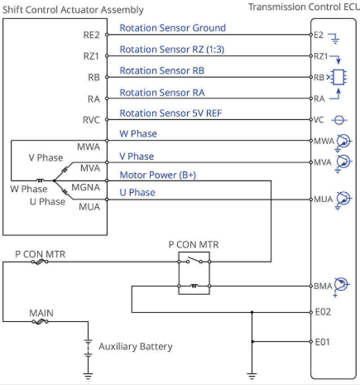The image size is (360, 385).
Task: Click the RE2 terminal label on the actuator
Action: (91, 35)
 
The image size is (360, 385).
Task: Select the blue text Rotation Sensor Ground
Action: (173, 28)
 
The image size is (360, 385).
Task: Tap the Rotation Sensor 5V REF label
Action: (170, 113)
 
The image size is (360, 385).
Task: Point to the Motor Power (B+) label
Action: (158, 175)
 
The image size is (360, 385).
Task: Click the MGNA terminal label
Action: (85, 187)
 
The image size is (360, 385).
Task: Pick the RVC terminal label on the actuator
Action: (91, 120)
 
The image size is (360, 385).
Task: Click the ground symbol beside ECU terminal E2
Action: (334, 38)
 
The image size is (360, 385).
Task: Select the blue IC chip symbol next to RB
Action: (339, 77)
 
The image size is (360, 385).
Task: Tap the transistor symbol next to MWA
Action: (343, 142)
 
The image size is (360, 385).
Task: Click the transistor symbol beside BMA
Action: (342, 286)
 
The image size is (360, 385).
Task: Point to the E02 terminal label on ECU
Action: (323, 312)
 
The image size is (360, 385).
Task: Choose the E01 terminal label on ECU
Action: (323, 342)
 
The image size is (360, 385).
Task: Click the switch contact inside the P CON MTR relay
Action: (194, 261)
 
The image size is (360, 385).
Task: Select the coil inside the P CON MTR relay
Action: (194, 286)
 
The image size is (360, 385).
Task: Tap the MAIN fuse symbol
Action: (40, 321)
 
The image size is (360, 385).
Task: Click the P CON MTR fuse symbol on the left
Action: (40, 262)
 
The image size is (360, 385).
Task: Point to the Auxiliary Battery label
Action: (136, 347)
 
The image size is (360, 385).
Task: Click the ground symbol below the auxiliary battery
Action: (88, 376)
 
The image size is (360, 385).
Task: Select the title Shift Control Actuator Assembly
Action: (73, 10)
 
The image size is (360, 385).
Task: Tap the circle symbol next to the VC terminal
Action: (339, 120)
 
